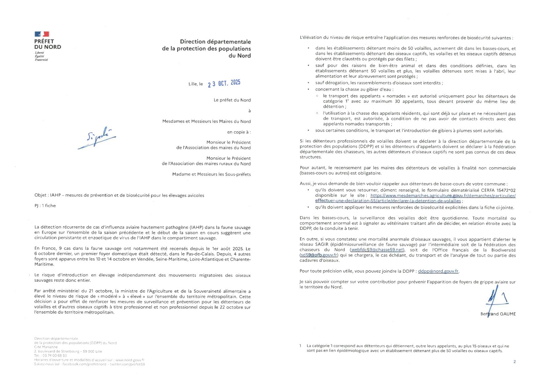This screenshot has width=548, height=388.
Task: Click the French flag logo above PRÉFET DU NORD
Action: point(42,34)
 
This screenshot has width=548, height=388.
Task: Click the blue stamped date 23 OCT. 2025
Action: point(224,83)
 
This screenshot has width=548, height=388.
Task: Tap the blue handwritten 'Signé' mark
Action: point(97,138)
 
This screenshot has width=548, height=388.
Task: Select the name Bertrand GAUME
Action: point(498,314)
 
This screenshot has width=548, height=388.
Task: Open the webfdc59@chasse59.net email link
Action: point(377,250)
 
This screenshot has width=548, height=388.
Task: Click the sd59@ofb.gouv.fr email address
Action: point(318,255)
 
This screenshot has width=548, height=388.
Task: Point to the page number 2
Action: point(514,362)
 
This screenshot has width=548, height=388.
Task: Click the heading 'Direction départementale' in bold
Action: point(215,42)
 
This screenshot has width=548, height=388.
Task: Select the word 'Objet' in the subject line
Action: point(41,195)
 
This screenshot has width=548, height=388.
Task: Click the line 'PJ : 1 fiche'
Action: point(45,206)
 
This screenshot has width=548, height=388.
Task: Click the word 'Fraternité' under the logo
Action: point(41,60)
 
